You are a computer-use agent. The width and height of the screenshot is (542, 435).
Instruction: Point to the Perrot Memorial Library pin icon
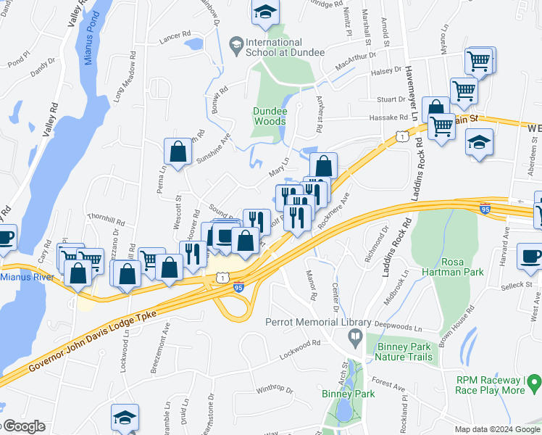354,335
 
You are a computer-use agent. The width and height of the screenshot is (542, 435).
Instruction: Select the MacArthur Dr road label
356,61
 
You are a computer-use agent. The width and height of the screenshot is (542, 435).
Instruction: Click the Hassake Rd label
389,117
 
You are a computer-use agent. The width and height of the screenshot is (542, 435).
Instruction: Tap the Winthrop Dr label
274,390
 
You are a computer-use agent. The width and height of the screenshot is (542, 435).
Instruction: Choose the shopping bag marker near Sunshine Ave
178,152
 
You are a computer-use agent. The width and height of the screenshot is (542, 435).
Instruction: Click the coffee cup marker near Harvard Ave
531,257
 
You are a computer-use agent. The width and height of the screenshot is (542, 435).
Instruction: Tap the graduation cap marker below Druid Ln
124,417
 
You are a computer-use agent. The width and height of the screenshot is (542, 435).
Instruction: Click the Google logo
23,426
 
